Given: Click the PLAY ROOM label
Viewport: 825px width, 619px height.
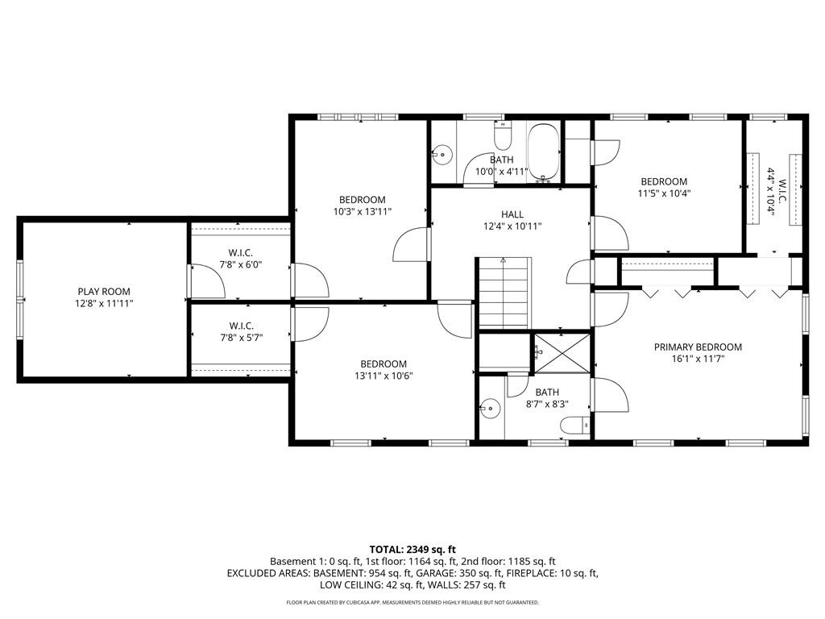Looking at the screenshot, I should (x=104, y=292).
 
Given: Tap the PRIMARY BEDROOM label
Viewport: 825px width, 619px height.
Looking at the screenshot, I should (x=698, y=347).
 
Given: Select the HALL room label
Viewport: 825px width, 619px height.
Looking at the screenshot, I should (x=512, y=214).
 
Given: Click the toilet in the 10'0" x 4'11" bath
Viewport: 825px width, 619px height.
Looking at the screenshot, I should (x=503, y=139).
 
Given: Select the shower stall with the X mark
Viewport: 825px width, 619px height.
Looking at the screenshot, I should (x=562, y=351).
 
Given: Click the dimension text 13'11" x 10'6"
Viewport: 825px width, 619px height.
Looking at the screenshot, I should (x=383, y=376).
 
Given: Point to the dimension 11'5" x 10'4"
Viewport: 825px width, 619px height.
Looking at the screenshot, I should (x=664, y=193).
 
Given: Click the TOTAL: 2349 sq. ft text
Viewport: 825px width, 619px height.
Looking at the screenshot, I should (x=412, y=549).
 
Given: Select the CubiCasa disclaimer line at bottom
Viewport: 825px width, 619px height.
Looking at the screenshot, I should (x=412, y=602).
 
